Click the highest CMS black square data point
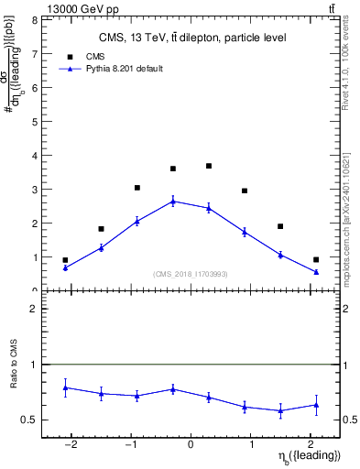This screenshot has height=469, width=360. click(x=209, y=166)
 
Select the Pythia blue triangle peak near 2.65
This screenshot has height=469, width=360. click(x=173, y=202)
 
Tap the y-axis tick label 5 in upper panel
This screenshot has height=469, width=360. click(x=35, y=121)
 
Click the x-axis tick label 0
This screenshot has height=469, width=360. click(x=191, y=445)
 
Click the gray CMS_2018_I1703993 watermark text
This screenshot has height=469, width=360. click(x=191, y=273)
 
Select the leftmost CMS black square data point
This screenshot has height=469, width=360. click(x=65, y=260)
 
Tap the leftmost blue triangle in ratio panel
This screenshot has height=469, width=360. click(x=65, y=387)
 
